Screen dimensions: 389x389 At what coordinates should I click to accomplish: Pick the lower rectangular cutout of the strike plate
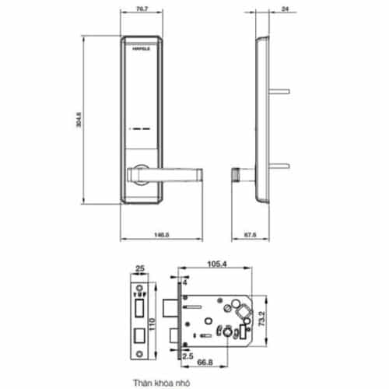point(138,336)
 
